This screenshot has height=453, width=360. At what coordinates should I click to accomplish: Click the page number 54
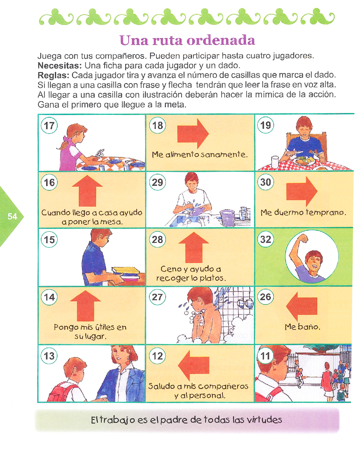(x=12, y=216)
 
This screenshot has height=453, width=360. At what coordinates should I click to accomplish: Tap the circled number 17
(x=49, y=126)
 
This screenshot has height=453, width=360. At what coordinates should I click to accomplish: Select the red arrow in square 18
(x=193, y=133)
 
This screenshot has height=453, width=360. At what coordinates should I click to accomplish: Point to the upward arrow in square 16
(x=87, y=191)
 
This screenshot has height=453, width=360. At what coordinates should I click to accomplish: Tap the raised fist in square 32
(x=303, y=238)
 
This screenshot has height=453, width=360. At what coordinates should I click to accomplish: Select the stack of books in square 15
(x=126, y=273)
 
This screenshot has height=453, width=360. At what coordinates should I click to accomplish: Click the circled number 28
(x=157, y=240)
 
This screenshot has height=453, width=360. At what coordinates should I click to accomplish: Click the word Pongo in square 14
(x=64, y=327)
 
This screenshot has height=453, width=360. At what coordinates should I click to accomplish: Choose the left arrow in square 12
(x=194, y=365)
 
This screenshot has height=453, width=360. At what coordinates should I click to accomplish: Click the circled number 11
(x=266, y=356)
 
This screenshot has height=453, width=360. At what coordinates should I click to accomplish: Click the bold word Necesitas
(x=60, y=66)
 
